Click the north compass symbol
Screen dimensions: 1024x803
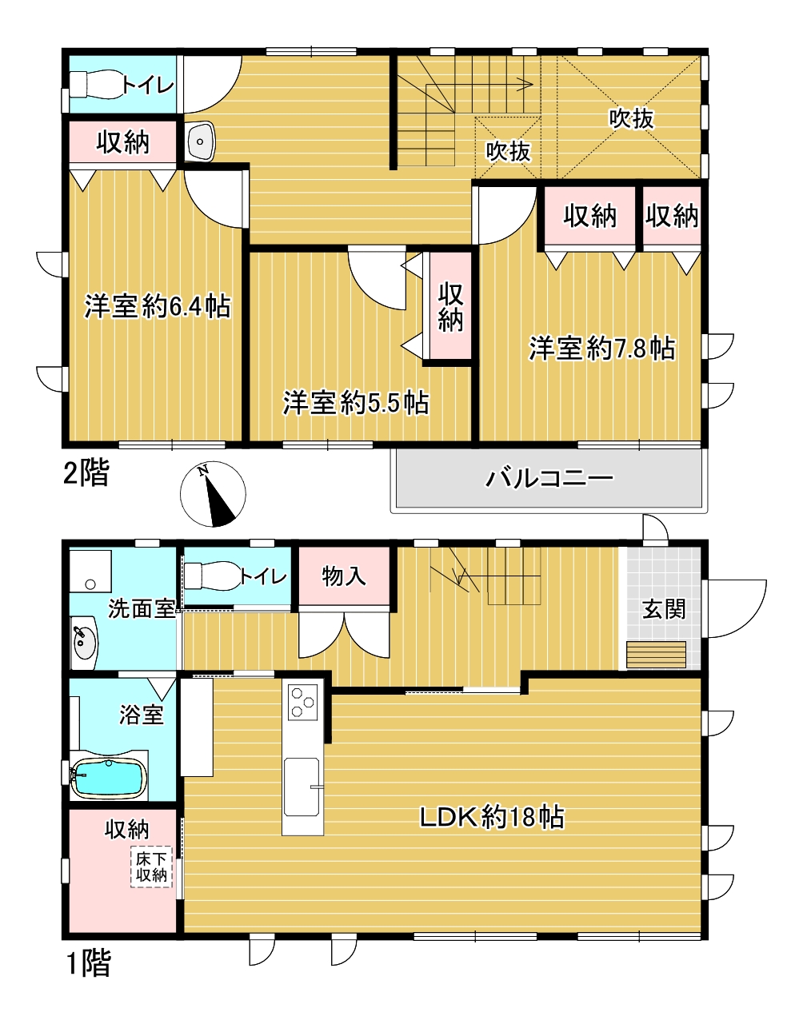213,495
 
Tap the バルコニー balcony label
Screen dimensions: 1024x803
550,479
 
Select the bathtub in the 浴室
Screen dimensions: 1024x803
109,777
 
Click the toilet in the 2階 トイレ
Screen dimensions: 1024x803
95,84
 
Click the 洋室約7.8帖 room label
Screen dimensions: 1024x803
601,349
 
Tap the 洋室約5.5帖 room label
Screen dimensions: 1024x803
355,403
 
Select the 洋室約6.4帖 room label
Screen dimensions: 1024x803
158,306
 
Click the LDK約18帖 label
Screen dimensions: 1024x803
492,817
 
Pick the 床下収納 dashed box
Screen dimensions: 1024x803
151,867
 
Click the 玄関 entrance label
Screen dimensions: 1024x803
664,609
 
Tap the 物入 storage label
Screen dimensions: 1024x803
344,576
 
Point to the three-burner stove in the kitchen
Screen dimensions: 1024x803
302,702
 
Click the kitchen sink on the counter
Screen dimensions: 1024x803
302,787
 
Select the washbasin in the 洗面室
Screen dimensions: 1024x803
83,641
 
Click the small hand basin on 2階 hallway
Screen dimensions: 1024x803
199,142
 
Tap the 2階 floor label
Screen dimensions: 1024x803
86,473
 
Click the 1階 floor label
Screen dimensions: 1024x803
86,962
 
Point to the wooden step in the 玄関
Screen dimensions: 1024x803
656,654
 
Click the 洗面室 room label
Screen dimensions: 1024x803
142,609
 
